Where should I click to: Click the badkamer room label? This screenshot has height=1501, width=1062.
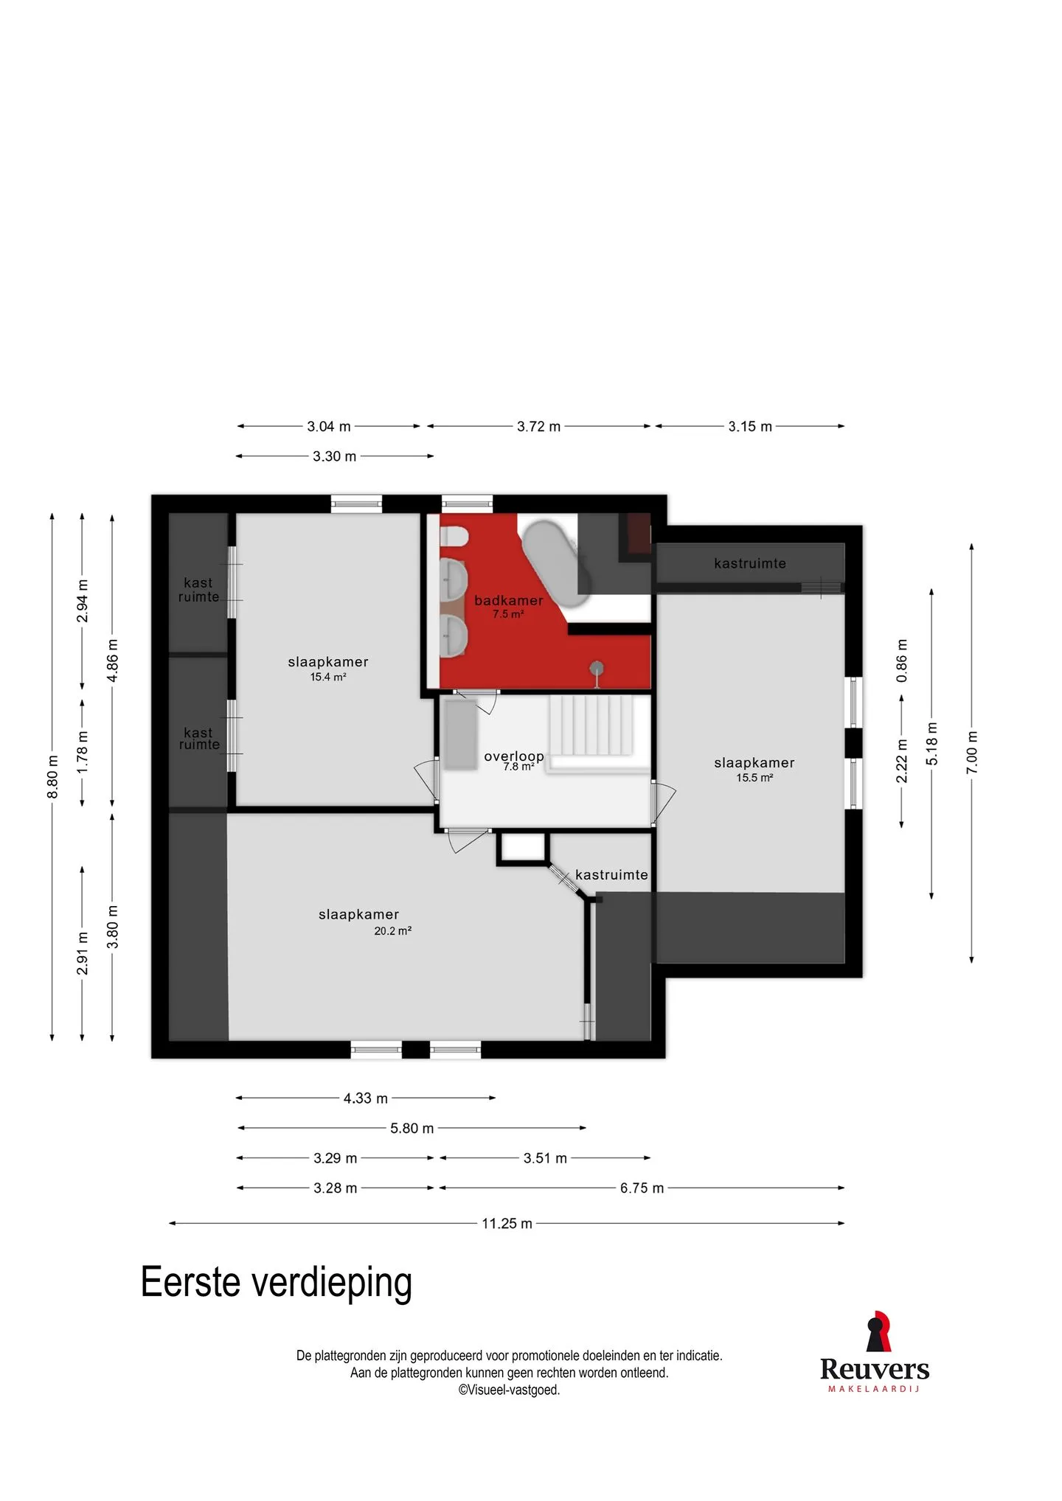coord(508,601)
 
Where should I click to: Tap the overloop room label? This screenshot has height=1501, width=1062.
coord(514,756)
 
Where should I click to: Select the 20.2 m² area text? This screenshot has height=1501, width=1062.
coord(392,931)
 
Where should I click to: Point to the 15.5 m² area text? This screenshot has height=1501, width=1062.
coord(754,778)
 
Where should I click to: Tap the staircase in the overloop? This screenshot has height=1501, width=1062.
coord(591,725)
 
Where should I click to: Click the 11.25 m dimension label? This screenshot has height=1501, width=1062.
coord(507,1224)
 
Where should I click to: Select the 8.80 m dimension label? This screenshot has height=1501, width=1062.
coord(52,777)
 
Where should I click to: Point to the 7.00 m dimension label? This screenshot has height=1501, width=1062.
coord(971,753)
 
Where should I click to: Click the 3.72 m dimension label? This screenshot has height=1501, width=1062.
coord(538,427)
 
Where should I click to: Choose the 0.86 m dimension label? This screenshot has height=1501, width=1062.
coord(901,661)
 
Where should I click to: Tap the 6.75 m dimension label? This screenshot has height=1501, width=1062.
coord(642,1188)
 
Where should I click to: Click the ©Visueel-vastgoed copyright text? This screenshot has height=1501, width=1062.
coord(509,1390)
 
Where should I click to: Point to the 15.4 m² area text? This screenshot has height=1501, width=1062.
coord(328,677)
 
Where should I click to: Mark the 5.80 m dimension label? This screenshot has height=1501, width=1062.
coord(412,1129)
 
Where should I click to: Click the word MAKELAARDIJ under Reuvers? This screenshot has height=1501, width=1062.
coord(874,1389)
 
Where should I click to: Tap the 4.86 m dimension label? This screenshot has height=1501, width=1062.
coord(112,661)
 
